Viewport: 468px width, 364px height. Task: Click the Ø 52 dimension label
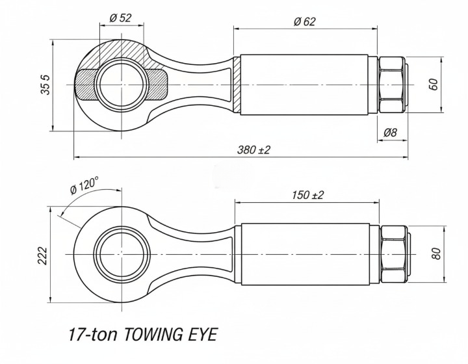[x=121, y=18]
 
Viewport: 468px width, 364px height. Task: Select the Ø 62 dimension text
[x=304, y=21]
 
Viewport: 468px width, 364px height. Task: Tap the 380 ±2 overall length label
[x=253, y=149]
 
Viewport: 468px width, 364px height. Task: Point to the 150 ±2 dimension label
[x=307, y=194]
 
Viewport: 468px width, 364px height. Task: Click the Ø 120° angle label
[x=84, y=185]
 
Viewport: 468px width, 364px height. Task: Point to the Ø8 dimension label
[x=390, y=133]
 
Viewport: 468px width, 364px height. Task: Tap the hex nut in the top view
[x=392, y=84]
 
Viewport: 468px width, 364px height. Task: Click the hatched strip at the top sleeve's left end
[x=237, y=84]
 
